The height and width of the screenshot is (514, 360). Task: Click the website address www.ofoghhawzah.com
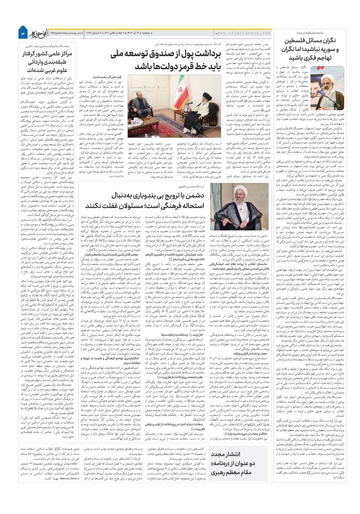tap(244, 33)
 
